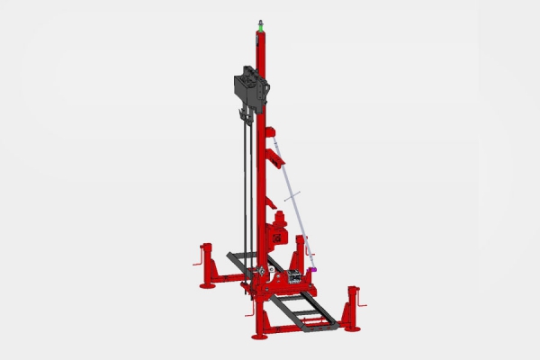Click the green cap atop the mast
(x=260, y=27)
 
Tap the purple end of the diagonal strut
(x=314, y=267)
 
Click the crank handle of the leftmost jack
(x=197, y=263)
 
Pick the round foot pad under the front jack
(x=260, y=336)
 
